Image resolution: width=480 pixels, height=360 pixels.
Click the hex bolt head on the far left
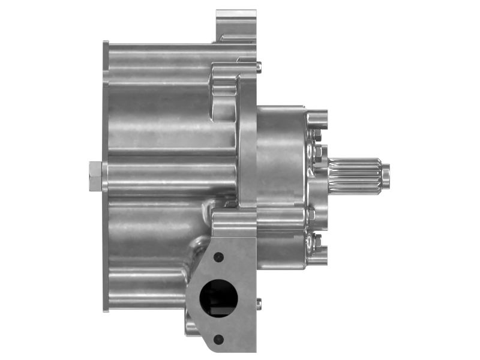pos(94,176)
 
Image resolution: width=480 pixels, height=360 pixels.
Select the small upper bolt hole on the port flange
pos(218,257)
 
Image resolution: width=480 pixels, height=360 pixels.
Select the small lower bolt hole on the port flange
pos(218,339)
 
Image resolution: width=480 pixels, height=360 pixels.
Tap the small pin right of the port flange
pos(259,304)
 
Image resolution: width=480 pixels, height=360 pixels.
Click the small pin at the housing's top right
pos(259,67)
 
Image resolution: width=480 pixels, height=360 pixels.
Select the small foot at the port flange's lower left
pos(190,328)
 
